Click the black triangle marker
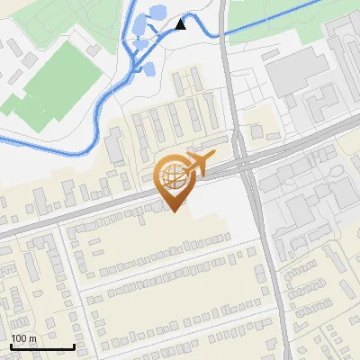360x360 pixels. click(x=181, y=24)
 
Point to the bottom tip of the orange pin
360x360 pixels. click(x=172, y=211)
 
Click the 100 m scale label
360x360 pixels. click(x=23, y=338)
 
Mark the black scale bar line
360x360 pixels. click(x=42, y=346)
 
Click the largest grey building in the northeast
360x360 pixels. click(x=298, y=72)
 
